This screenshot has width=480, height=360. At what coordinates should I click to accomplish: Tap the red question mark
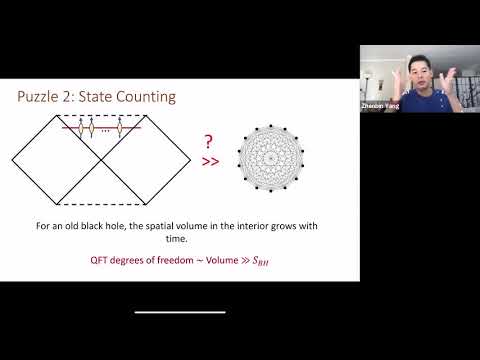coord(208,142)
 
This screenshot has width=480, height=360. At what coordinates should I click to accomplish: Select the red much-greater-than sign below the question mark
coord(209,160)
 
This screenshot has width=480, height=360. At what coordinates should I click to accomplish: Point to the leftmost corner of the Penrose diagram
coord(13,158)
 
